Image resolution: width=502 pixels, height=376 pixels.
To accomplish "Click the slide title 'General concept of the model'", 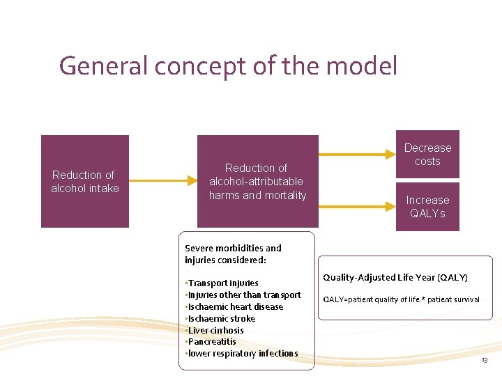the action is point(228,66).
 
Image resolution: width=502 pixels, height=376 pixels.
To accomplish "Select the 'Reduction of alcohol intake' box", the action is point(85,181).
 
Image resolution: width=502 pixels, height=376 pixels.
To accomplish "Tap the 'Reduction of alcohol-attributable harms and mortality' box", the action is point(257,181).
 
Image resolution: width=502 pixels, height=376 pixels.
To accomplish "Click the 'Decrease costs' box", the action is point(427,155).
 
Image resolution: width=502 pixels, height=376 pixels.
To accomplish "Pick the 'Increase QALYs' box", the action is point(427,207).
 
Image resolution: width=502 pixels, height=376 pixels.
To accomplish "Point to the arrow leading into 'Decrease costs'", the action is point(356,155).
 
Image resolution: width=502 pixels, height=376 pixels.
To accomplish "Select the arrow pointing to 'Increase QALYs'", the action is point(356,207).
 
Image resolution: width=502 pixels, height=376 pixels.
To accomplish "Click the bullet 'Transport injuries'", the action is point(223,283).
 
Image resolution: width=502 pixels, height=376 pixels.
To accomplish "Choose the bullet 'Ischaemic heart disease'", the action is point(235,306).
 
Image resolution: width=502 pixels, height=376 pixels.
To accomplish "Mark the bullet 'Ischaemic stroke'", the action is point(221,318).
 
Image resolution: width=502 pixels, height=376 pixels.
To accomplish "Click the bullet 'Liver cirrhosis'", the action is point(215,330).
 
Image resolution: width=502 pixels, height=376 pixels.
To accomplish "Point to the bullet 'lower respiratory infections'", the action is point(243,353).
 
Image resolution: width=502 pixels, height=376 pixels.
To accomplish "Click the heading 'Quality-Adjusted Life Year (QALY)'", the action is point(395,278).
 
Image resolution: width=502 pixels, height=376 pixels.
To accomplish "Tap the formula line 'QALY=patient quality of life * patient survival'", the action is point(401,299).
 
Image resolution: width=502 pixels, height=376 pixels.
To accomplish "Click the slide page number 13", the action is point(484,359).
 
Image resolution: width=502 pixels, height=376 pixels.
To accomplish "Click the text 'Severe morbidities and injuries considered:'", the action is point(233,253).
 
